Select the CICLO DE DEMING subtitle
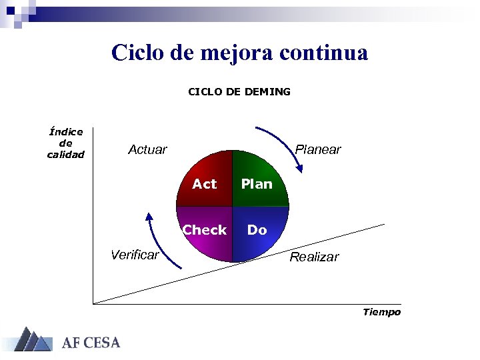coord(239,92)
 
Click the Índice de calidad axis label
coord(66,143)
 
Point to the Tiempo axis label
coord(381,312)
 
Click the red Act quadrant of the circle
coord(205,180)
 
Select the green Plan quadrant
coord(259,180)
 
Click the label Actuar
coord(147,150)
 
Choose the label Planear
coord(318,149)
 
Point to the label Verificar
coord(135,255)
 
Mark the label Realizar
coord(314,257)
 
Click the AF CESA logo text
coord(91,343)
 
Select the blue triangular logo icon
coord(32,339)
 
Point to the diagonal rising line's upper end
coord(383,225)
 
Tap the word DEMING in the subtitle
coord(267,92)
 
